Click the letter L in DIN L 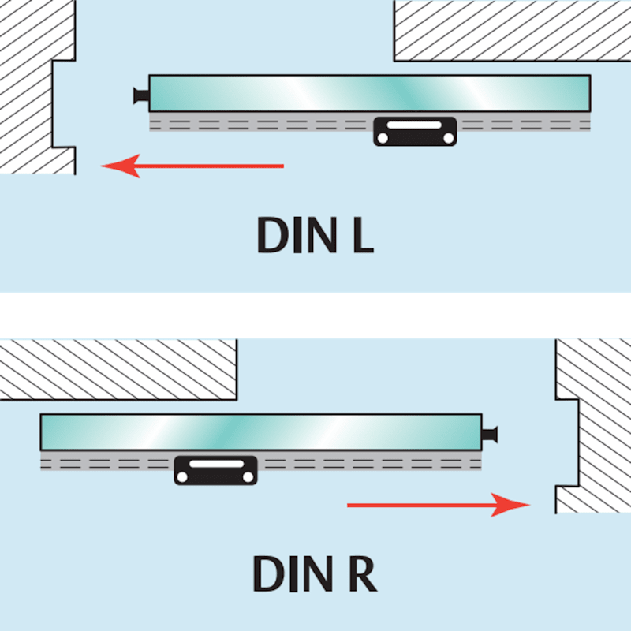coord(364,235)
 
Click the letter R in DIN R coord(363,573)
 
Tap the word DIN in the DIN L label coord(297,235)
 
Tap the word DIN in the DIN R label coord(293,573)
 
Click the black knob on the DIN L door coord(141,95)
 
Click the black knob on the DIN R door coord(490,435)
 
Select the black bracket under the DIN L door coord(415,131)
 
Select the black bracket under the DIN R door coord(215,470)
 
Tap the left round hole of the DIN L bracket coord(383,138)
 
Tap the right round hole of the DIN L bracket coord(448,138)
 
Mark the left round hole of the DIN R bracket coord(183,477)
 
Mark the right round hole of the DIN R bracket coord(248,477)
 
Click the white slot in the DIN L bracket coord(415,125)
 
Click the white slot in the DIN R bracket coord(216,464)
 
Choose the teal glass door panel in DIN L coord(370,93)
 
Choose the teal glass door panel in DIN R coord(261,431)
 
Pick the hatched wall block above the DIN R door coord(118,369)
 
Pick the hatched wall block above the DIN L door coord(512,31)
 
